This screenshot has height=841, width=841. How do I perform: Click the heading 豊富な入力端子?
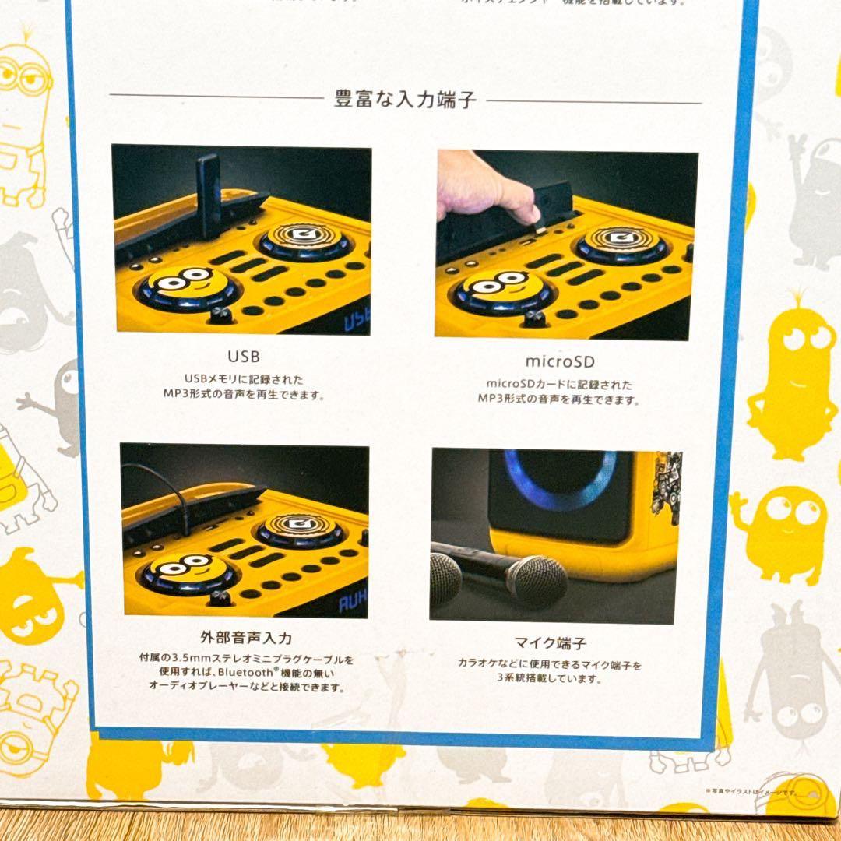(x=405, y=100)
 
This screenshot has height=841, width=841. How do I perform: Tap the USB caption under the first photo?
(x=244, y=357)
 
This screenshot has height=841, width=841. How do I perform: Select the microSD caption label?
(x=560, y=362)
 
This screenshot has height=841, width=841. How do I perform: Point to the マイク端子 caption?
(x=551, y=643)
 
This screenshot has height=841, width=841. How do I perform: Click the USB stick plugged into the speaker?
(x=208, y=195)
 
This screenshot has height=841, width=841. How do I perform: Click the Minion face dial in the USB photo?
(x=189, y=287)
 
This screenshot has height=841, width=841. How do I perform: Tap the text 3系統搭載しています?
(x=550, y=679)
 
